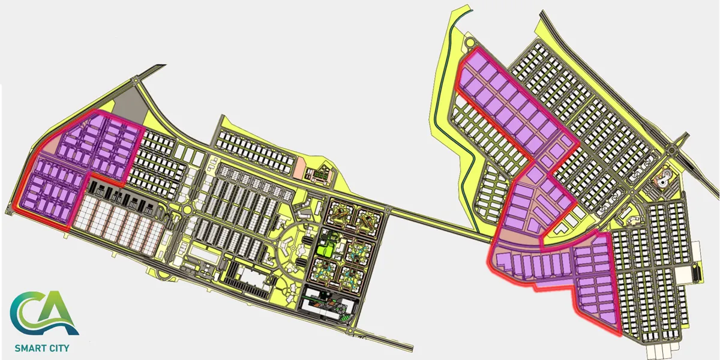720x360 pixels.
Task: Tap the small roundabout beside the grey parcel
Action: [x=137, y=80]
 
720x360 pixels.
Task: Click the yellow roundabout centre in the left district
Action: [x=187, y=210]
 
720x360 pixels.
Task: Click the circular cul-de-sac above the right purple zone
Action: [x=470, y=43]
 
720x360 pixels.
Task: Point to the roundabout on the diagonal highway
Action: [x=671, y=150]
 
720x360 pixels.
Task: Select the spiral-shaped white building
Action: [x=663, y=178]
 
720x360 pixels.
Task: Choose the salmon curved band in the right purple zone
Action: [x=517, y=237]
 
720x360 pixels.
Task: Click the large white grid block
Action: [x=119, y=224]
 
